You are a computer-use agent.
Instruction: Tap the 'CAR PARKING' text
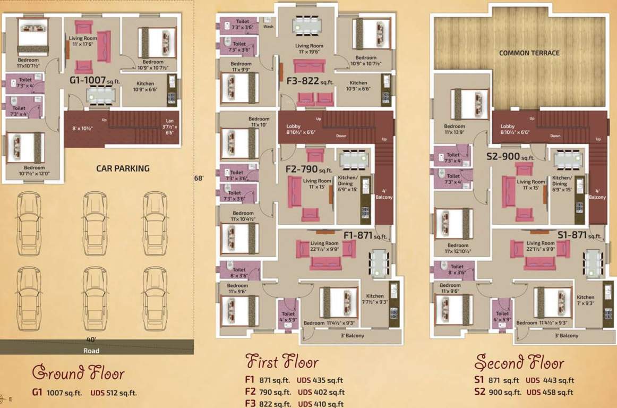(123, 168)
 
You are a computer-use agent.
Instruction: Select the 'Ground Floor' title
(78, 372)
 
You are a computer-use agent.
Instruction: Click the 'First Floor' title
(282, 362)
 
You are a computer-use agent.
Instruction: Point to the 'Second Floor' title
(519, 363)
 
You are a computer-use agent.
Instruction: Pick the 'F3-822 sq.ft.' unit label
(310, 81)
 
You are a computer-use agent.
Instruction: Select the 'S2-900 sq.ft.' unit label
(510, 157)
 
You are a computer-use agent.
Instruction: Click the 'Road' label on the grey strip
(91, 351)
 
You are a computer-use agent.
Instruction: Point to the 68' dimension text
(199, 178)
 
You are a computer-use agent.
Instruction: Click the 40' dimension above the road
(91, 339)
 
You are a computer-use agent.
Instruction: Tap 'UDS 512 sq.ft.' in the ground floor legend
(114, 393)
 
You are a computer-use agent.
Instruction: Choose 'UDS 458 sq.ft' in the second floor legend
(550, 392)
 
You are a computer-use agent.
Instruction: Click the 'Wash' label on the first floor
(269, 27)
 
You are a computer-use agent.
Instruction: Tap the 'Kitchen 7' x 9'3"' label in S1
(586, 301)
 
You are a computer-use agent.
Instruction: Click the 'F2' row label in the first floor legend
(250, 392)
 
